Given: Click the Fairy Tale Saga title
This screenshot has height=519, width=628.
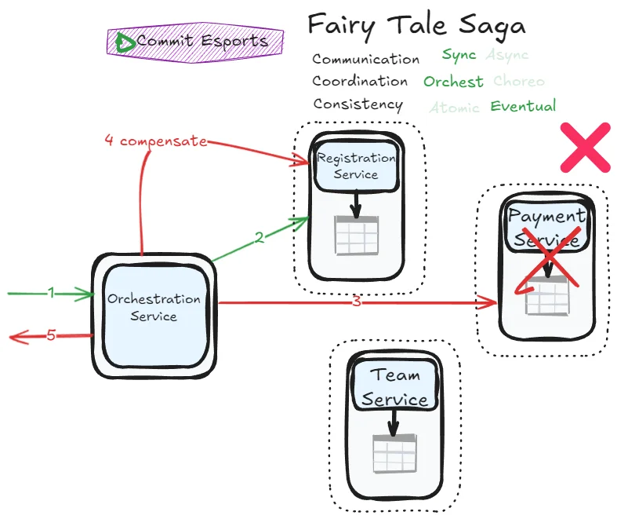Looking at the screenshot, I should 416,25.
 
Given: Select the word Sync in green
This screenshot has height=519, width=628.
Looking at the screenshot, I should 459,55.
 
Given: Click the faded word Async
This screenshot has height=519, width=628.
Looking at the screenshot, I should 507,55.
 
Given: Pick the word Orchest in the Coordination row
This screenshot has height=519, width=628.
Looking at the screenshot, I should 453,82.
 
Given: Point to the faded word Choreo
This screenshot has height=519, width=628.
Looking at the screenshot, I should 519,82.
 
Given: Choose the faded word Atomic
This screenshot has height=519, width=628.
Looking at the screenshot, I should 454,108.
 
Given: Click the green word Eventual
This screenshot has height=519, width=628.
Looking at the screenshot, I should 523,106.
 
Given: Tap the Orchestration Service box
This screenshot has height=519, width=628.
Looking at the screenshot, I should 154,308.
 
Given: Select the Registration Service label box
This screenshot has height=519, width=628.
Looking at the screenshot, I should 356,166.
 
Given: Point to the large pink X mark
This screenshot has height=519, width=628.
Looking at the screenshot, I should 586,148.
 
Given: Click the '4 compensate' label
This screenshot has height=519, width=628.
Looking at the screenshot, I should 156,141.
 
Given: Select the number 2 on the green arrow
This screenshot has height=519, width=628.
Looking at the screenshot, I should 259,238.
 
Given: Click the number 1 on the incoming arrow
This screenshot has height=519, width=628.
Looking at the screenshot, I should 51,293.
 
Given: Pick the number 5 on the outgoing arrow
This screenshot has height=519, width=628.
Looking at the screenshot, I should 51,336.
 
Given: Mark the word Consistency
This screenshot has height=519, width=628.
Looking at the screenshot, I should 358,104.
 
